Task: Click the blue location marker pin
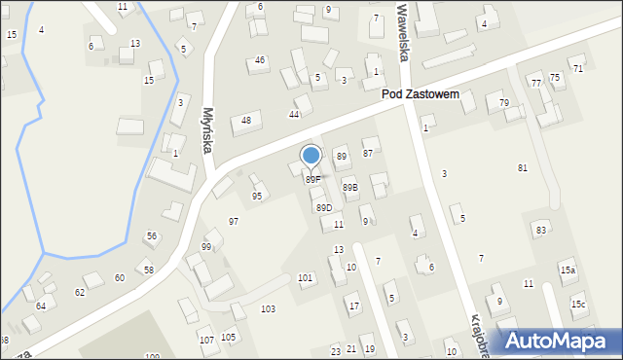point(311,156)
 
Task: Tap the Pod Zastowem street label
point(426,95)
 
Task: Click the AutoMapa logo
point(557,340)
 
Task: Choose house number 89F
point(312,180)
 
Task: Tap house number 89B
point(350,188)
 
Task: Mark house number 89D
point(323,207)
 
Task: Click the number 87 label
point(368,153)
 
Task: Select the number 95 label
point(257,197)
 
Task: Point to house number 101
point(305,278)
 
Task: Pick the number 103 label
point(268,308)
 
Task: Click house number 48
point(246,121)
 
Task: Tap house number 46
point(260,60)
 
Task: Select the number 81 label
point(522,168)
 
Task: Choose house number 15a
point(568,270)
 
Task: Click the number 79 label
point(504,103)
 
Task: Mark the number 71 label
point(577,69)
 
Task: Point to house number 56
point(151,236)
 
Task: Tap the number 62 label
point(80,292)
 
